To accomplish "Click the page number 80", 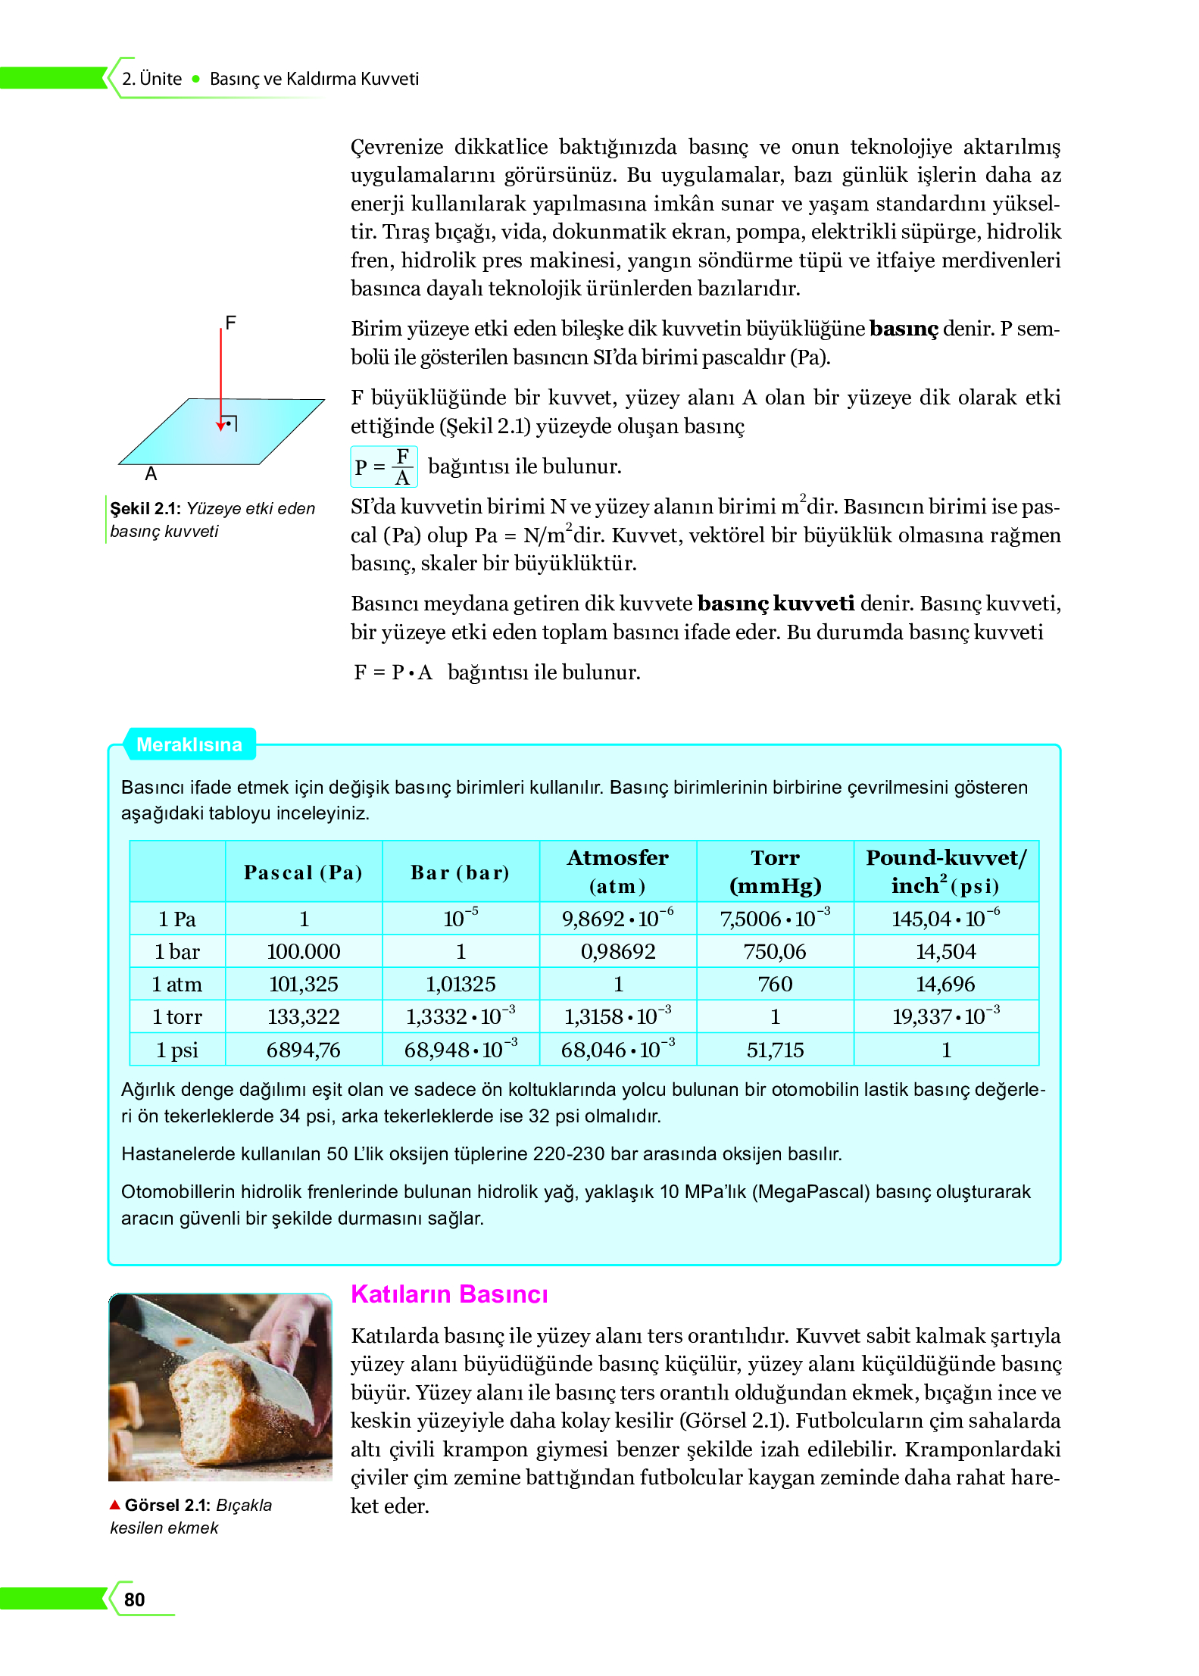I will coord(134,1599).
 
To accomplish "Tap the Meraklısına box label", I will coord(189,744).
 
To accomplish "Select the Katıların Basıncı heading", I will coord(448,1294).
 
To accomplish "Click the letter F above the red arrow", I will coord(231,323).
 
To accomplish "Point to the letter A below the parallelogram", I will coord(151,474).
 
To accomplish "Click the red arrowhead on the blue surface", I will coord(220,426).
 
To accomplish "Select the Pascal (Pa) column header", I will coord(303,872).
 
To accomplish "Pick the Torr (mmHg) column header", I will coord(775,872).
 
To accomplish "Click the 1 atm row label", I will coord(176,984).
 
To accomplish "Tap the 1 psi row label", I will coord(176,1050).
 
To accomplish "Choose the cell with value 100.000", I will coord(303,951).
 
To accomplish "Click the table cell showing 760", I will coord(775,984).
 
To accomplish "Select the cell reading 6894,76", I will coord(303,1050).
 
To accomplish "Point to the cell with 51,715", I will coord(775,1050).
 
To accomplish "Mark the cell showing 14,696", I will coord(945,984).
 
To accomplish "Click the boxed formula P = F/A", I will coord(383,467).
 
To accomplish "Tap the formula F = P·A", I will coord(393,673).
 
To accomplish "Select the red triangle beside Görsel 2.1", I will coord(115,1504).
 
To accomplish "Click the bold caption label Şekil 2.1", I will coord(145,509).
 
